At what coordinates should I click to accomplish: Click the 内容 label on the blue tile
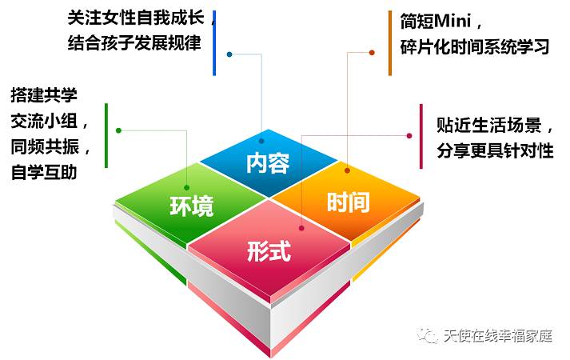point(268,163)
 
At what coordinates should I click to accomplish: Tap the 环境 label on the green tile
point(192,206)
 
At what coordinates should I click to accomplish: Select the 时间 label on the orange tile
point(349,202)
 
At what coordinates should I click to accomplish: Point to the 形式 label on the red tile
point(269,250)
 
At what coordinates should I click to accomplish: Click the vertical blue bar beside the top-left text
point(214,43)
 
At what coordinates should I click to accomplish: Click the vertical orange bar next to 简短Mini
point(390,43)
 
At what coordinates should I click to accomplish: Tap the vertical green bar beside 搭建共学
point(106,136)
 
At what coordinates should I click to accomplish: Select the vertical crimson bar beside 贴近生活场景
point(421,136)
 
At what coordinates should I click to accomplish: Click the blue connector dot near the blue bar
point(229,54)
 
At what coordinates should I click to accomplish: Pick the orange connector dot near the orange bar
point(372,53)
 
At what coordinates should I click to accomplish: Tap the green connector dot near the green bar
point(118,130)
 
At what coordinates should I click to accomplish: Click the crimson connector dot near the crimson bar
point(409,136)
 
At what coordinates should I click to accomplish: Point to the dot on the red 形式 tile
point(301,228)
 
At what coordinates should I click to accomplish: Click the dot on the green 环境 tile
point(186,188)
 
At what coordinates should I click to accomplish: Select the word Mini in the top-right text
point(452,21)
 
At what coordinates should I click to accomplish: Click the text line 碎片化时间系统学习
point(474,47)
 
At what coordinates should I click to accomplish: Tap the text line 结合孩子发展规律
point(134,43)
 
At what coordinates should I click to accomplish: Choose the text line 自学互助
point(44,172)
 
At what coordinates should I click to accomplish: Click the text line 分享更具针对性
point(495,150)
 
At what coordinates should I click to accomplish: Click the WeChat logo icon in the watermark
point(428,335)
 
